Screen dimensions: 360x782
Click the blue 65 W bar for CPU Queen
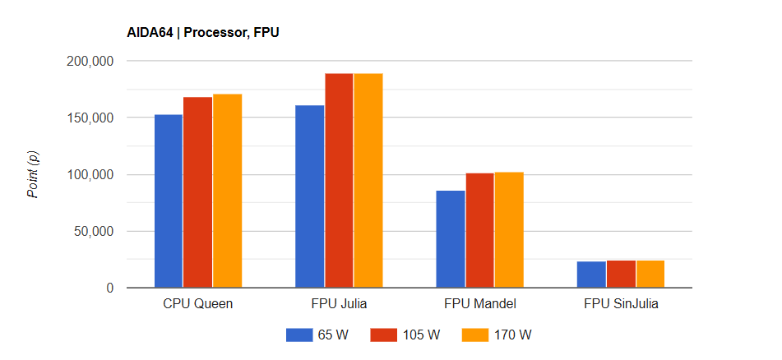(168, 201)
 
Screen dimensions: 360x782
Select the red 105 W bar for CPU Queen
(197, 192)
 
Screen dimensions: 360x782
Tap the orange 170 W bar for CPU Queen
(227, 192)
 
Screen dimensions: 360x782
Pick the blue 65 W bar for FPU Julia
(309, 196)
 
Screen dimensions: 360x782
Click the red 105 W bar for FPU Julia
(339, 181)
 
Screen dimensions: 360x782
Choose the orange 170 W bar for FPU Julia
(368, 181)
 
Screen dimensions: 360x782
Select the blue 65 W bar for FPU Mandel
(451, 239)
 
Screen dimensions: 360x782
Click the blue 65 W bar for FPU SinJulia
(592, 275)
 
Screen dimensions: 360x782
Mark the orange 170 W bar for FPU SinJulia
(650, 275)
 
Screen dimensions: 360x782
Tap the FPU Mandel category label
(480, 304)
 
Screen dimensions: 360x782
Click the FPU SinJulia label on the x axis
(622, 304)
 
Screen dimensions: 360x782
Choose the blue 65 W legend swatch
(296, 335)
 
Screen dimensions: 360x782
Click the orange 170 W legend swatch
(472, 335)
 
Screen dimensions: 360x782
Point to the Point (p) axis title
(34, 175)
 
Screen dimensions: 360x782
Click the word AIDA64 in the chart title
(148, 33)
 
